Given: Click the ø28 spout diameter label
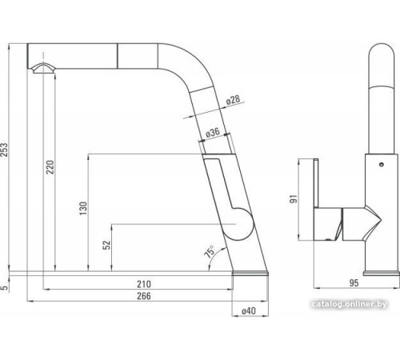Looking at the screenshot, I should pyautogui.click(x=233, y=101).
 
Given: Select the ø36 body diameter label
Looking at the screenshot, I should pyautogui.click(x=213, y=132).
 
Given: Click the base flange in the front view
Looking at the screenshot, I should pyautogui.click(x=380, y=275).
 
